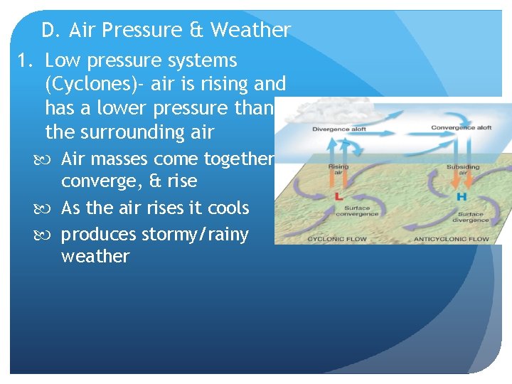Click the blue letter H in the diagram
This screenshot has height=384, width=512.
pos(462,196)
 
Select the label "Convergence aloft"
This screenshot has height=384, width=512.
pos(461,128)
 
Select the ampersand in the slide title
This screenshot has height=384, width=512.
pos(196,31)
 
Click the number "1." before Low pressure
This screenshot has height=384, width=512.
pos(26,61)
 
